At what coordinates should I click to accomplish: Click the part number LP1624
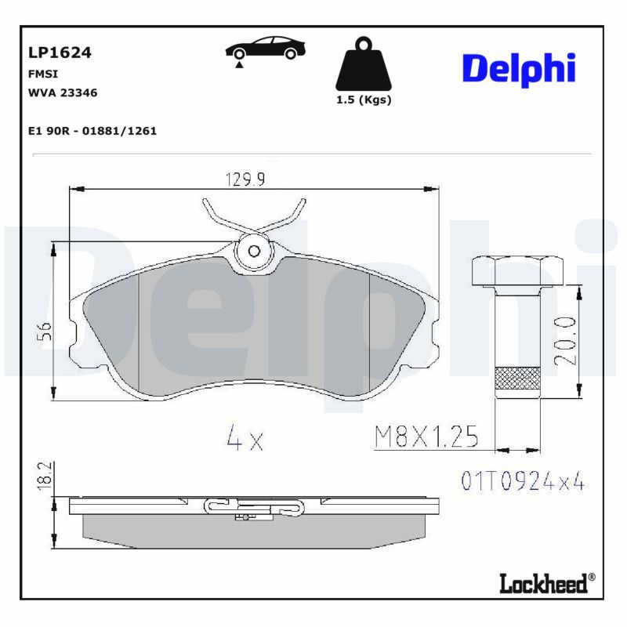[60, 53]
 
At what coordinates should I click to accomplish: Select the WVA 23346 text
[63, 92]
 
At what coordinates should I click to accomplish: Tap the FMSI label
[43, 74]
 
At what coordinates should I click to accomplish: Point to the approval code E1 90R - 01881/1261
[92, 131]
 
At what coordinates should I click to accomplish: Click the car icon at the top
[266, 48]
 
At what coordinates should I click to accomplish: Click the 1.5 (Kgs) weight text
[364, 100]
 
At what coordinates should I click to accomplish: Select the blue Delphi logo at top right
[519, 69]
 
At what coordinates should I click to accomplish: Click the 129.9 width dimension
[245, 179]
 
